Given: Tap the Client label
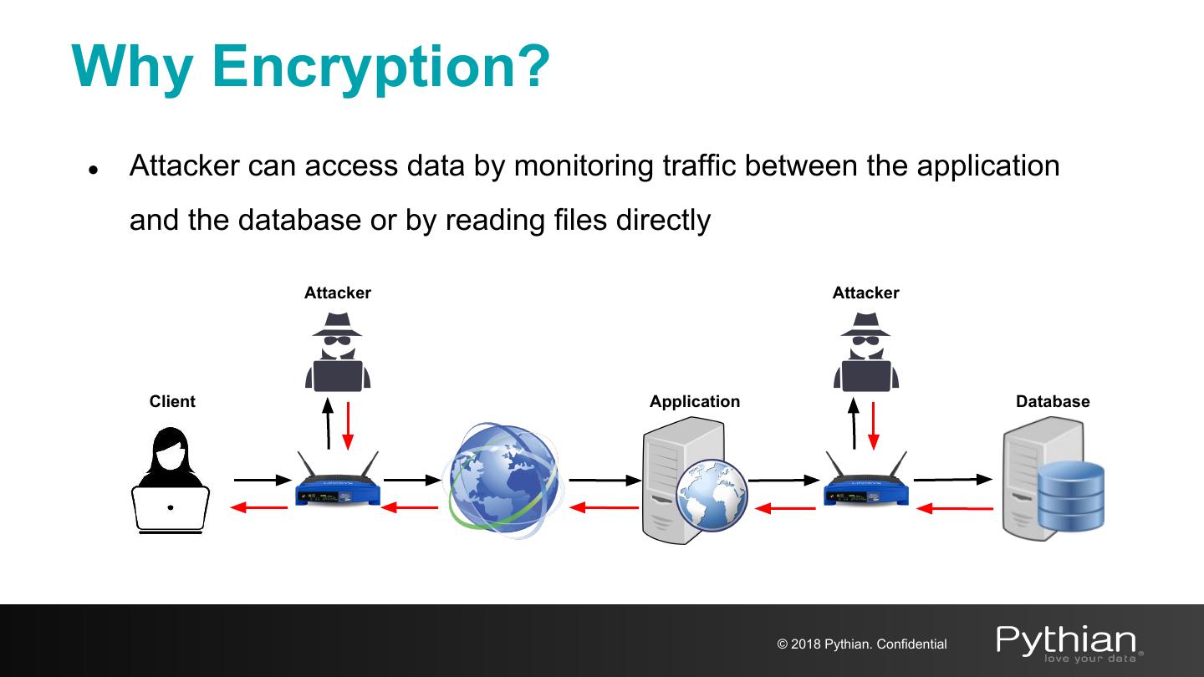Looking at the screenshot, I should click(x=172, y=401).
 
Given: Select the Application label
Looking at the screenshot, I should click(x=695, y=401).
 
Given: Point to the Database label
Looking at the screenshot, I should click(x=1053, y=401).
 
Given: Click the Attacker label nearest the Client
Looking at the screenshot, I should click(x=337, y=293).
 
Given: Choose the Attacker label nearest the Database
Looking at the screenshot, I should click(x=865, y=293).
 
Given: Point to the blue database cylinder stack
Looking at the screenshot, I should click(x=1071, y=496).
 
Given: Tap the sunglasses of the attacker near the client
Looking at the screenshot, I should click(x=337, y=341).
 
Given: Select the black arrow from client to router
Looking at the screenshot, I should click(x=262, y=480).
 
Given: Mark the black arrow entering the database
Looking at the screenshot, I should click(x=953, y=480).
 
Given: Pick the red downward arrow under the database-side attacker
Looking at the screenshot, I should click(x=874, y=425).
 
